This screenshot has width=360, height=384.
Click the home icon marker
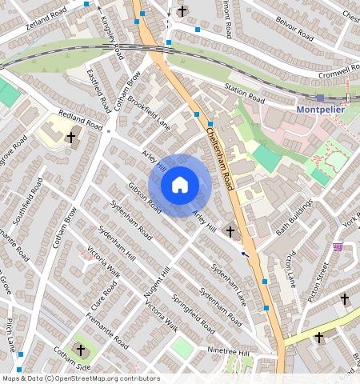pyautogui.click(x=180, y=185)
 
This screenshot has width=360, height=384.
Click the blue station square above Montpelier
pyautogui.click(x=320, y=97)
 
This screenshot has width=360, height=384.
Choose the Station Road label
pyautogui.click(x=244, y=94)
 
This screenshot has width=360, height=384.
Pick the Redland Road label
pyautogui.click(x=80, y=120)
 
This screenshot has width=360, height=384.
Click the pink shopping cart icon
pyautogui.click(x=338, y=246)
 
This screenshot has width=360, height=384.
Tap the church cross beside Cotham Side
pyautogui.click(x=80, y=350)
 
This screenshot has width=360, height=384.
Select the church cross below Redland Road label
pyautogui.click(x=70, y=138)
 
